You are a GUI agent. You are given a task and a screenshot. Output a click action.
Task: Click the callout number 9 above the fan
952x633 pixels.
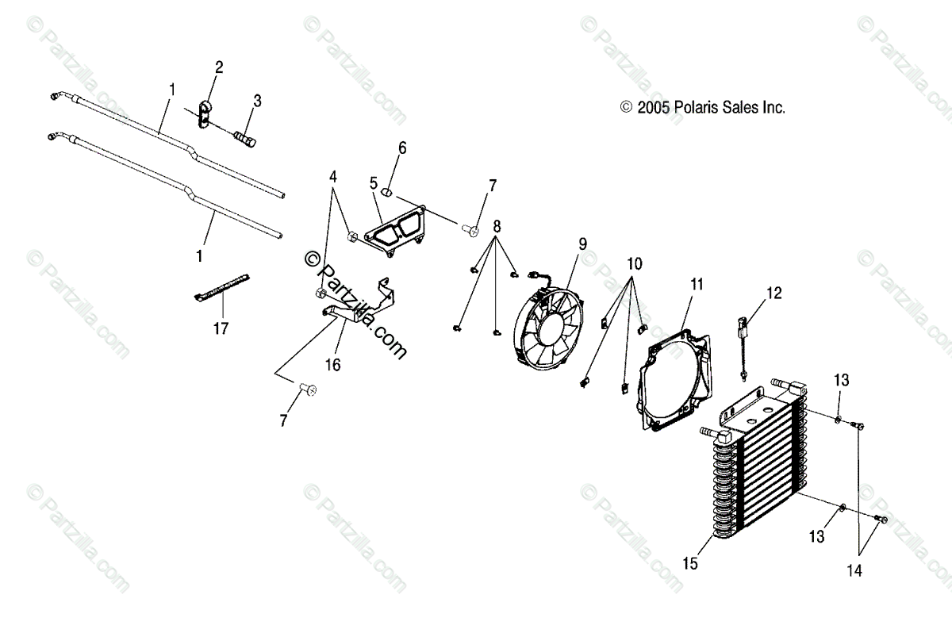click(583, 244)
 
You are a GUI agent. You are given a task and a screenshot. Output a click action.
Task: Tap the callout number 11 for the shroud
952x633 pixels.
click(697, 283)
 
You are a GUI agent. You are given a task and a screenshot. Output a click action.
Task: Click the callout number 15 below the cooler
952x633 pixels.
click(689, 564)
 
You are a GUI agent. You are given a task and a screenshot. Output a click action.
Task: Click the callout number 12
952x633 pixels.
click(773, 293)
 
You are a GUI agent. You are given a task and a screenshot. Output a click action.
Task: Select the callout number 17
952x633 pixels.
click(221, 328)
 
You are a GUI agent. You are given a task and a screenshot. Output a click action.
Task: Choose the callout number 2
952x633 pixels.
click(219, 67)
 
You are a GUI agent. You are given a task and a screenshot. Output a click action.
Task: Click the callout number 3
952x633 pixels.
click(257, 101)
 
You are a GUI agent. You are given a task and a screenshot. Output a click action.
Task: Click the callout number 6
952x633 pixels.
click(402, 148)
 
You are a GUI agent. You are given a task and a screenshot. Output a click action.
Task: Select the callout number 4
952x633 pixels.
click(333, 176)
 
